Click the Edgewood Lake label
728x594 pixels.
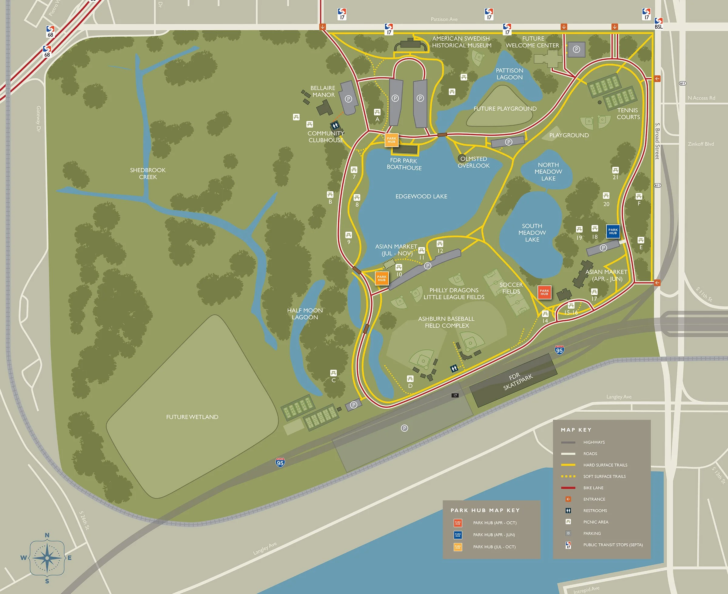click(x=421, y=196)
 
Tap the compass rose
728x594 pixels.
click(x=47, y=558)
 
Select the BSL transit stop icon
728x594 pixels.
click(x=658, y=23)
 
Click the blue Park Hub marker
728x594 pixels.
click(x=613, y=231)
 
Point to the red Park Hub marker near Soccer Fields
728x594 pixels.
click(x=544, y=292)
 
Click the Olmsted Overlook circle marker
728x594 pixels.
click(x=462, y=158)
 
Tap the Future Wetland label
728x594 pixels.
click(x=192, y=417)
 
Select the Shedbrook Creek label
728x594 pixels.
click(x=148, y=174)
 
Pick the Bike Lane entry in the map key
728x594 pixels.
click(x=593, y=488)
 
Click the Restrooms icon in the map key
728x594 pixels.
click(x=568, y=510)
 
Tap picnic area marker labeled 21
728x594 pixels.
click(x=615, y=170)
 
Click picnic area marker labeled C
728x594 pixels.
click(x=333, y=373)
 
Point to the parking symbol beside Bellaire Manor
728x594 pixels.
click(x=348, y=99)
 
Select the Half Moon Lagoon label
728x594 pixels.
click(x=305, y=313)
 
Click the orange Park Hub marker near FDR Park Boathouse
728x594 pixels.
click(x=391, y=140)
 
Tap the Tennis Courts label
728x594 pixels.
click(x=628, y=113)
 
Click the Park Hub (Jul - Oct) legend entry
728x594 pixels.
click(x=494, y=547)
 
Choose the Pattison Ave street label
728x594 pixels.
click(x=444, y=19)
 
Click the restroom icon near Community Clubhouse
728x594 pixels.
click(x=335, y=125)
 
